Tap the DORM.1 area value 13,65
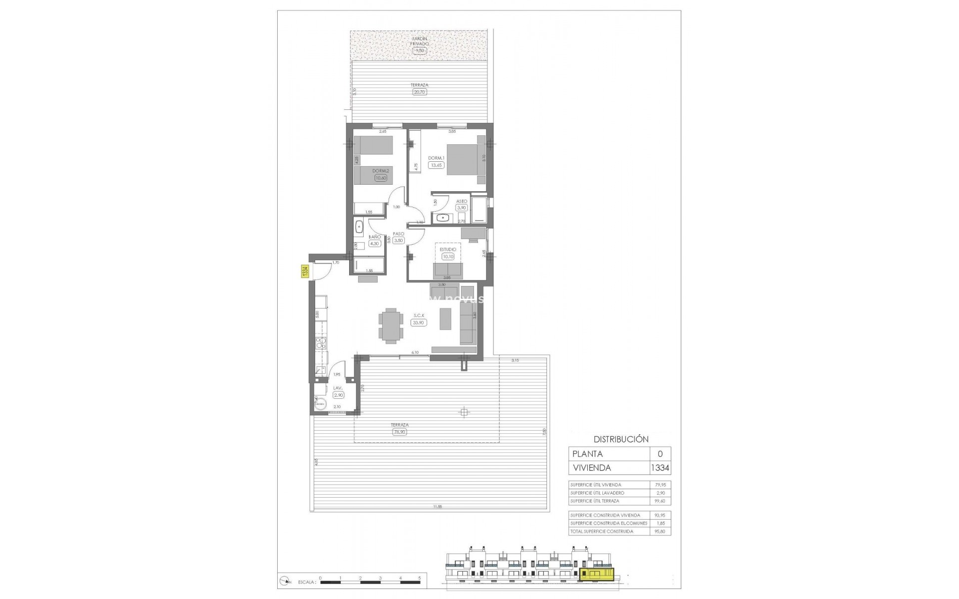tap(436, 165)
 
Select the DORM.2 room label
tap(381, 171)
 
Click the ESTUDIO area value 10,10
tap(448, 257)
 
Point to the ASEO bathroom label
tap(462, 201)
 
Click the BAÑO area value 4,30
tap(375, 244)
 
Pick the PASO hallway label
tap(398, 234)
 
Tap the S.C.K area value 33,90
tap(418, 322)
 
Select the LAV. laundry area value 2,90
tap(338, 395)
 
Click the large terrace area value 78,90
tap(400, 432)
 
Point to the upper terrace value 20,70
tap(420, 92)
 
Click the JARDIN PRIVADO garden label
tap(420, 41)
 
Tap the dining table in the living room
tap(390, 325)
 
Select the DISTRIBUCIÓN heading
tap(621, 439)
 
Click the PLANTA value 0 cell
tap(660, 454)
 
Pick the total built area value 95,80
tap(660, 531)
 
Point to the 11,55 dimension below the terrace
tap(438, 507)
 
